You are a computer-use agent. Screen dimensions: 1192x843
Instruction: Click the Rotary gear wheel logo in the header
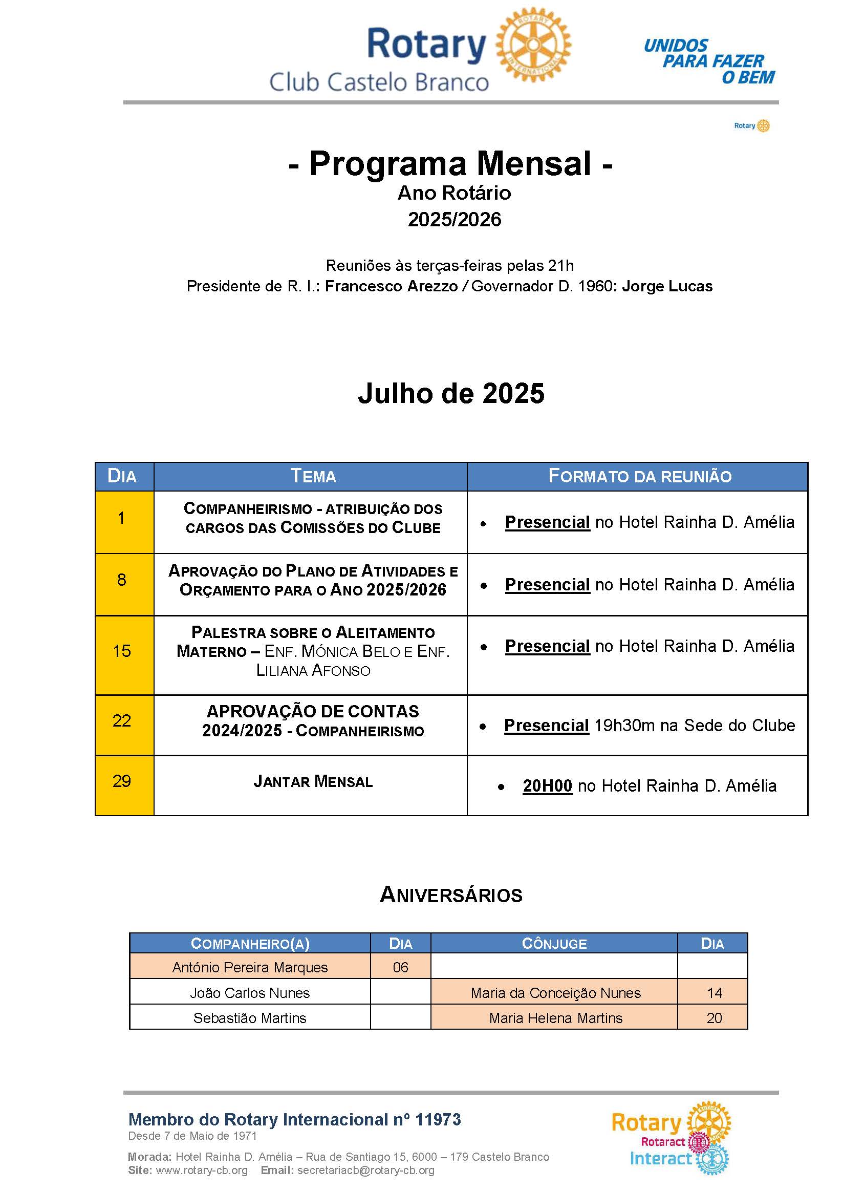[x=533, y=45]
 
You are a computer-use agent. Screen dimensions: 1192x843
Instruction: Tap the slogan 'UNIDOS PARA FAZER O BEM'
[x=709, y=61]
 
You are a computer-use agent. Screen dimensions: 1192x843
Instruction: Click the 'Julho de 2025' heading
[x=450, y=393]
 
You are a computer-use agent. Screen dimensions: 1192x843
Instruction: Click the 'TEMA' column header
[x=313, y=476]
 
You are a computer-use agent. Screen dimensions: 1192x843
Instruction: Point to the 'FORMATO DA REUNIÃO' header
[x=639, y=476]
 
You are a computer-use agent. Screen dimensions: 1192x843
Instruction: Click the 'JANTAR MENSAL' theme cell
[x=313, y=781]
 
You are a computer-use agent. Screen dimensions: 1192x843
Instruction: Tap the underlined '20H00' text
[x=547, y=786]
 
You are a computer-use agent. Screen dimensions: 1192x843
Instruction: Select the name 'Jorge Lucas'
[x=667, y=286]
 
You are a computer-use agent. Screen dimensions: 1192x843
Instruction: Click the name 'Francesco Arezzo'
[x=391, y=286]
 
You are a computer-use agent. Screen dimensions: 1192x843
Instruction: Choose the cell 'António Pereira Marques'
[x=250, y=967]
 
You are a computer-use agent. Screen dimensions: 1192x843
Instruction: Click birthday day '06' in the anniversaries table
[x=400, y=967]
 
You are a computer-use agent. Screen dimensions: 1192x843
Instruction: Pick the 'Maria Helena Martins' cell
[x=555, y=1018]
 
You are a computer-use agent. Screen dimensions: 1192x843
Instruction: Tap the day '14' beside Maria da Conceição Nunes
[x=714, y=993]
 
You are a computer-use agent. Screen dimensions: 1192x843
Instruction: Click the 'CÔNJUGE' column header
[x=554, y=943]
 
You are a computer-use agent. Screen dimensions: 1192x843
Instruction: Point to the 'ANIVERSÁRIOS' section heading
[x=450, y=895]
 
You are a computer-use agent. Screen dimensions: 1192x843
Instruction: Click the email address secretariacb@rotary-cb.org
[x=365, y=1170]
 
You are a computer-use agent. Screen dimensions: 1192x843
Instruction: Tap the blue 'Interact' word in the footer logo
[x=660, y=1158]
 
